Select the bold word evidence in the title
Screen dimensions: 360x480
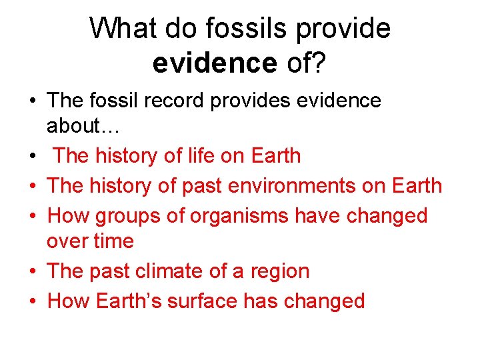point(214,63)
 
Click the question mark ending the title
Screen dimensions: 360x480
point(319,63)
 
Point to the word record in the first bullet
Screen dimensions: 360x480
point(190,101)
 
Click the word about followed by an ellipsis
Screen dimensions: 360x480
point(76,126)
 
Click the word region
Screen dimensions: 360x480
point(280,271)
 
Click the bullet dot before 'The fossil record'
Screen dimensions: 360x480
point(32,102)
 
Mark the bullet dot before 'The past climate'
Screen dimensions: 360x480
point(32,272)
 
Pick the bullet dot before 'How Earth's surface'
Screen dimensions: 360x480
point(32,302)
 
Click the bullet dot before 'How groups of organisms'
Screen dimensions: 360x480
point(32,217)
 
